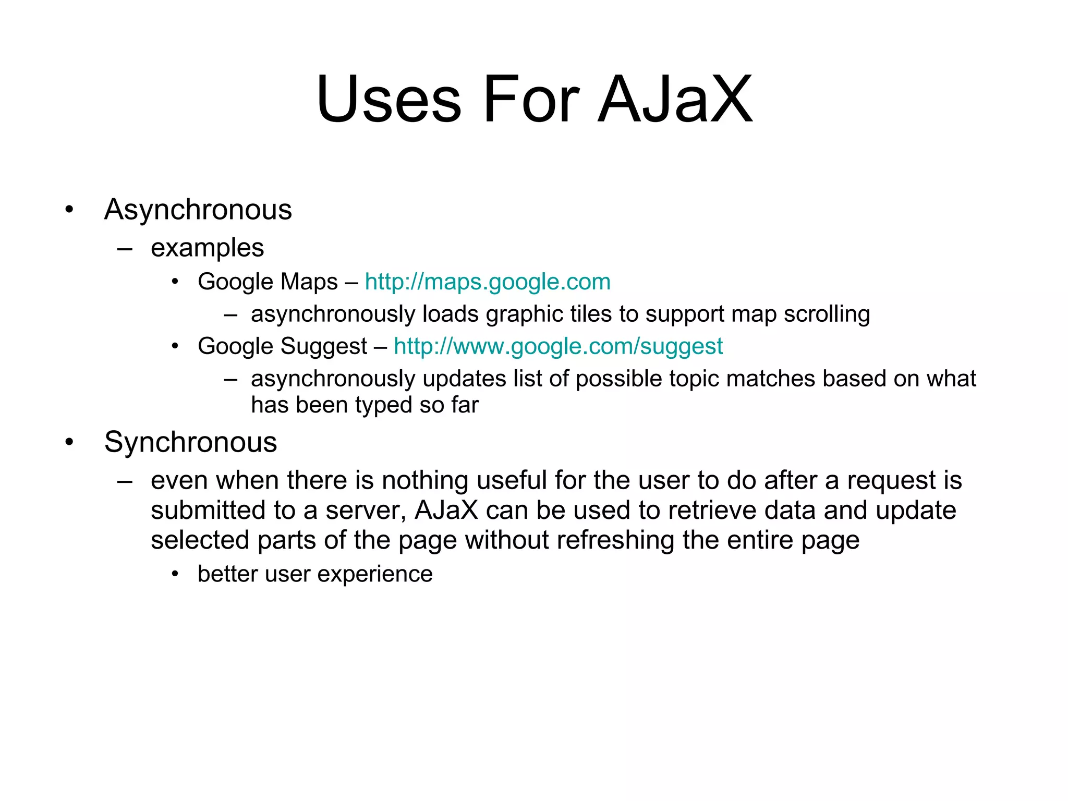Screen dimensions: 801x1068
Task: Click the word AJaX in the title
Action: pos(675,99)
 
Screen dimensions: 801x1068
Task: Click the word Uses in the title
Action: pos(389,99)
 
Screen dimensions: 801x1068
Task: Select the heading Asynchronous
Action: pos(198,210)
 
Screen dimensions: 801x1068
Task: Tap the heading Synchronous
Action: pos(190,443)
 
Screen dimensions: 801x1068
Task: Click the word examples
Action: pos(207,248)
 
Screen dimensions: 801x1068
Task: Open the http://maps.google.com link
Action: pos(487,282)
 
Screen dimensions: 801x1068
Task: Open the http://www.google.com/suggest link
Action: pos(558,347)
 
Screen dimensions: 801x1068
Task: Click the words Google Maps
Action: pos(268,282)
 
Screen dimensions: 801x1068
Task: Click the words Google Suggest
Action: pos(282,347)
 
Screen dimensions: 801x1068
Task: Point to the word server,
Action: pos(366,511)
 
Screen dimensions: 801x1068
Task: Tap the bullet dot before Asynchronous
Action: pos(69,210)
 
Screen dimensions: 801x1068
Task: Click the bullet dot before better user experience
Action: pos(175,574)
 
